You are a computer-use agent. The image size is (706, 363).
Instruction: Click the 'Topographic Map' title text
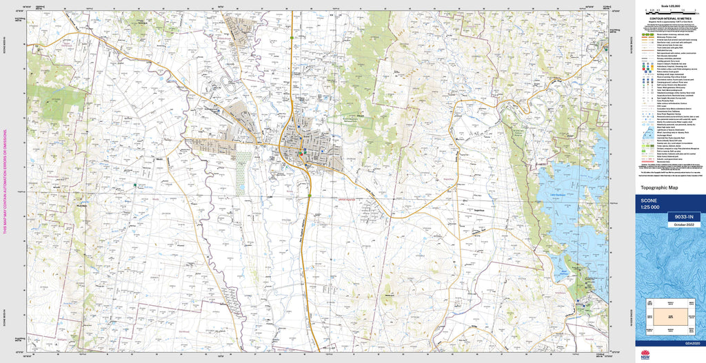point(660,187)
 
